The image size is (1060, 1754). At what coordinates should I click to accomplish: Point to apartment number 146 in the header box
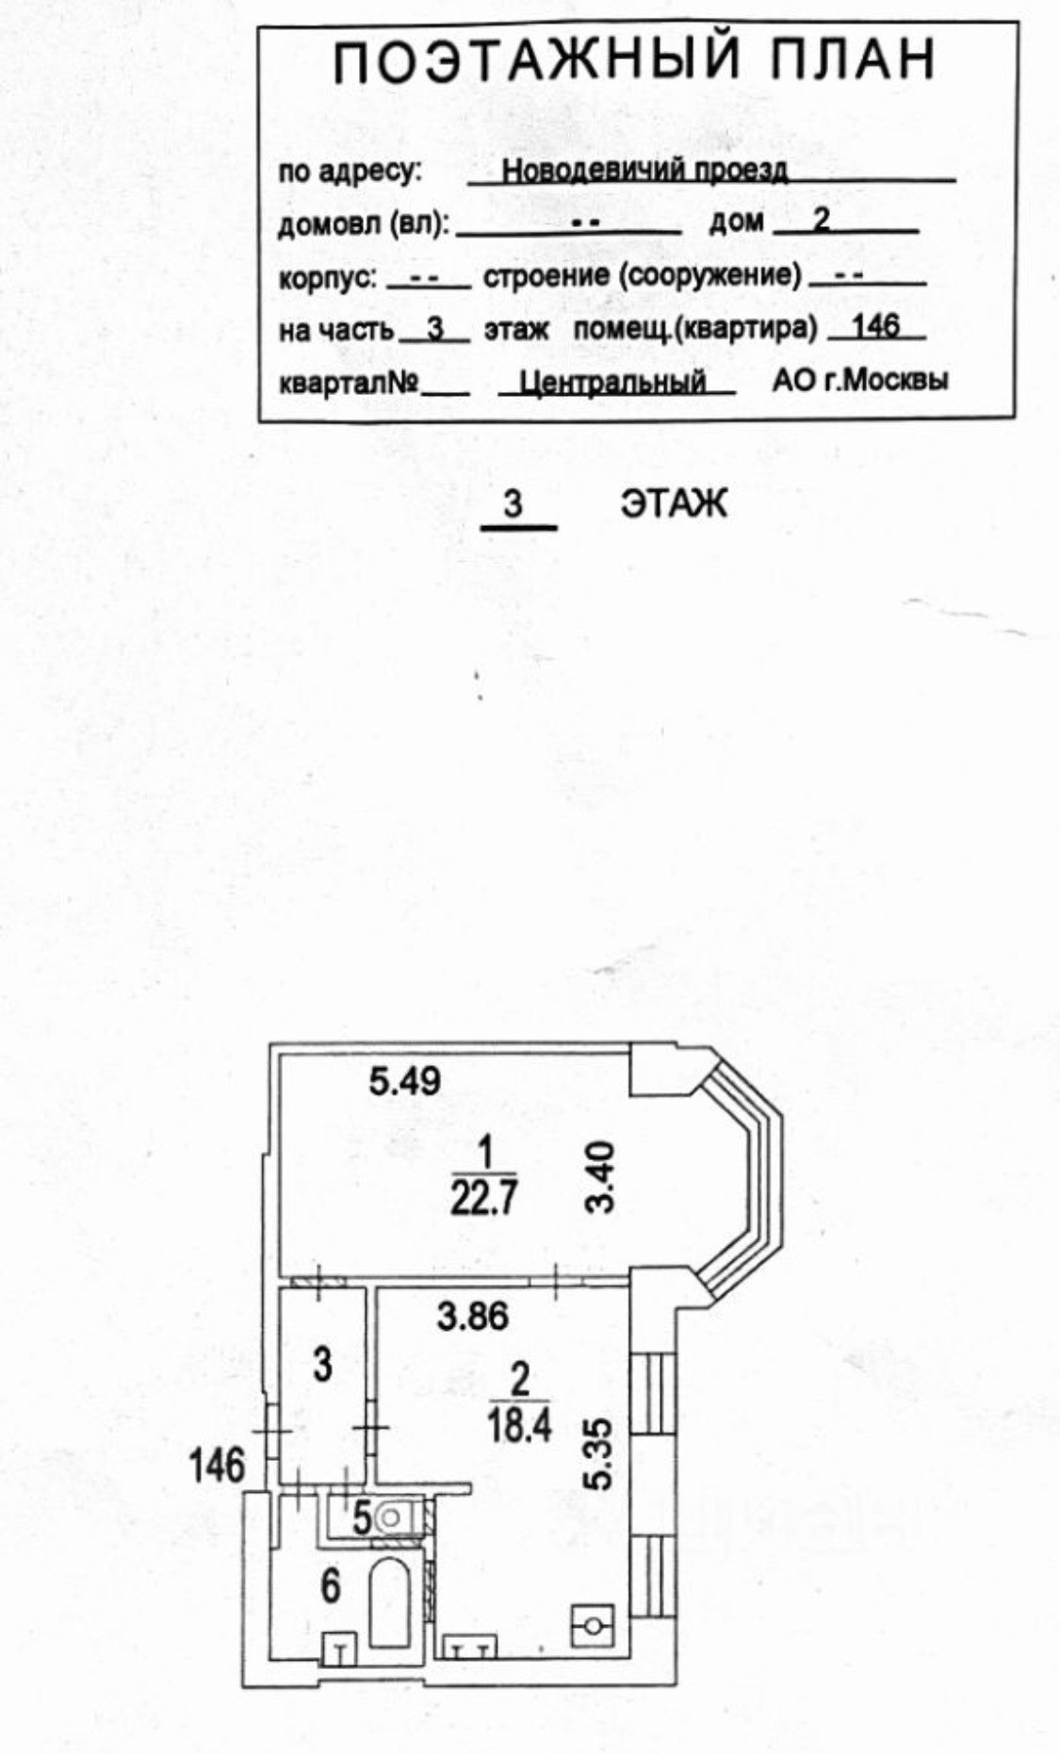tap(875, 327)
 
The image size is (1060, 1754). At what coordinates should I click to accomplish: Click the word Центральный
tap(613, 382)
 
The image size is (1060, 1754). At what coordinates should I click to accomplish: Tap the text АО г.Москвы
tap(860, 380)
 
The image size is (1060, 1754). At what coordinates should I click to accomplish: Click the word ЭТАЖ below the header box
tap(673, 504)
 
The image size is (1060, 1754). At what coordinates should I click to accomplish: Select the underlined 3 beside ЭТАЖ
tap(514, 504)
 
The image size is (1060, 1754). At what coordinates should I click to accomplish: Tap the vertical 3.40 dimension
tap(600, 1177)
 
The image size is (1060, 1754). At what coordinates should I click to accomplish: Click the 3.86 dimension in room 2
tap(473, 1316)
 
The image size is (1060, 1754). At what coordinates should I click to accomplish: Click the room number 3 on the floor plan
tap(322, 1364)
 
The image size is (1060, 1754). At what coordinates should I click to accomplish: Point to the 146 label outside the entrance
tap(217, 1466)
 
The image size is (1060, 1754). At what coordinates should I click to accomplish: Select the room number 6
tap(330, 1586)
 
